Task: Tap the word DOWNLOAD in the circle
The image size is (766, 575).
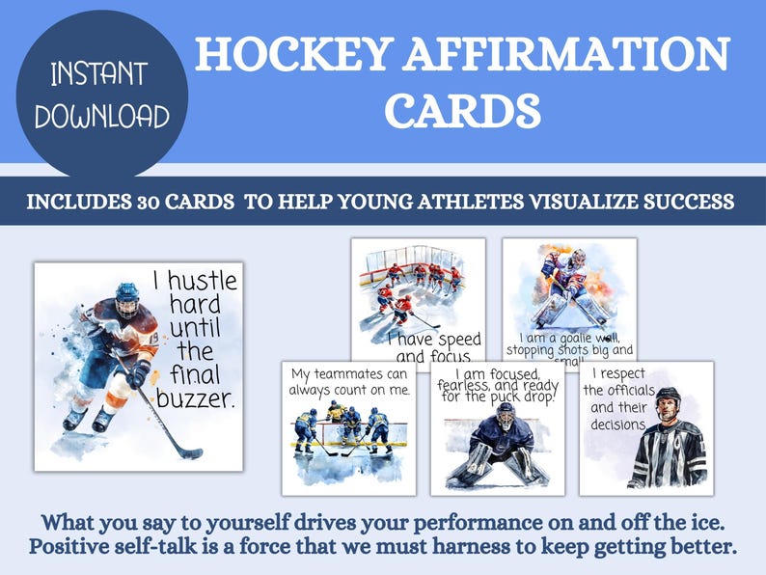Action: coord(102,117)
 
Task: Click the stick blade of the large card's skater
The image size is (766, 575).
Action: coord(189,452)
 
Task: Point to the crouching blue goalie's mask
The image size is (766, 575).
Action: coord(505,416)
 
